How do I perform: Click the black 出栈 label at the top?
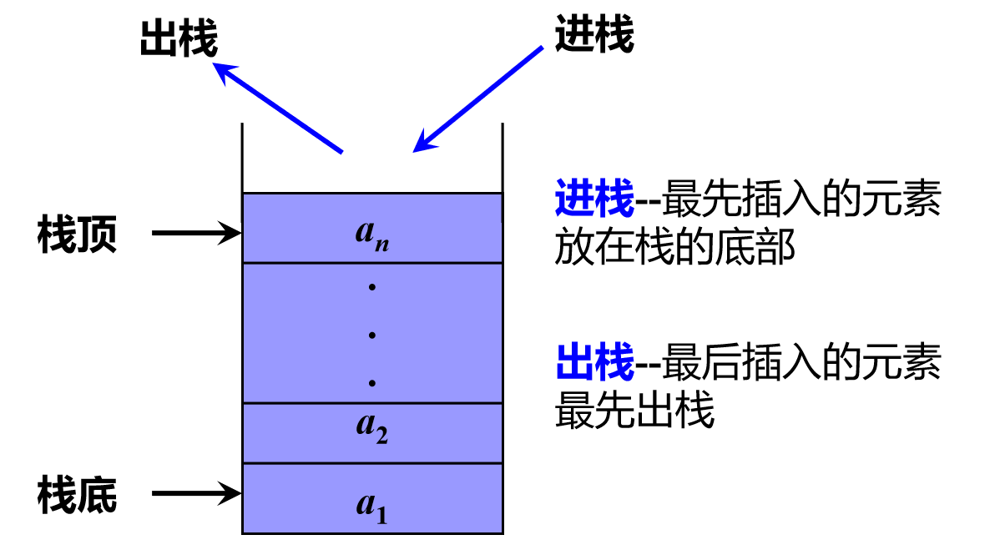[x=178, y=39]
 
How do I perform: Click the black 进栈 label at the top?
[x=593, y=36]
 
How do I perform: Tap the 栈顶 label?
[x=77, y=235]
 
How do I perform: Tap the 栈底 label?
[x=77, y=495]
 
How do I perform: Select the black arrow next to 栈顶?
[x=196, y=233]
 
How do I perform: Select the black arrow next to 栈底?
[x=196, y=493]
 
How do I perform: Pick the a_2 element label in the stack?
[x=372, y=428]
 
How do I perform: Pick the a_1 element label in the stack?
[x=372, y=507]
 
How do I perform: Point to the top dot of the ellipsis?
[x=372, y=288]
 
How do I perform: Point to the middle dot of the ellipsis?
[x=372, y=335]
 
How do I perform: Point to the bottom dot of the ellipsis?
[x=372, y=383]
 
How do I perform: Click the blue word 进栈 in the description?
[x=594, y=200]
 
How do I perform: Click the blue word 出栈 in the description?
[x=594, y=364]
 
